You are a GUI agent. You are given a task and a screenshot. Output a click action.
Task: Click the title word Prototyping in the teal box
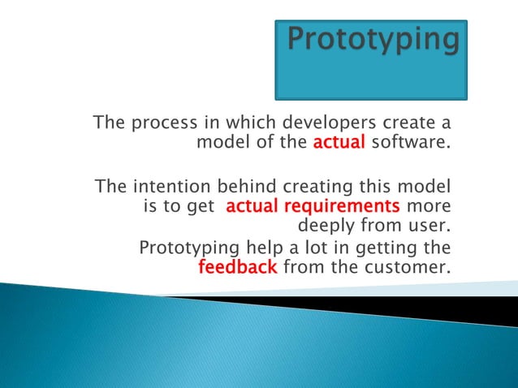tap(373, 40)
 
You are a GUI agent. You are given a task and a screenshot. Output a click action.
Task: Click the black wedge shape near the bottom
tap(422, 308)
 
